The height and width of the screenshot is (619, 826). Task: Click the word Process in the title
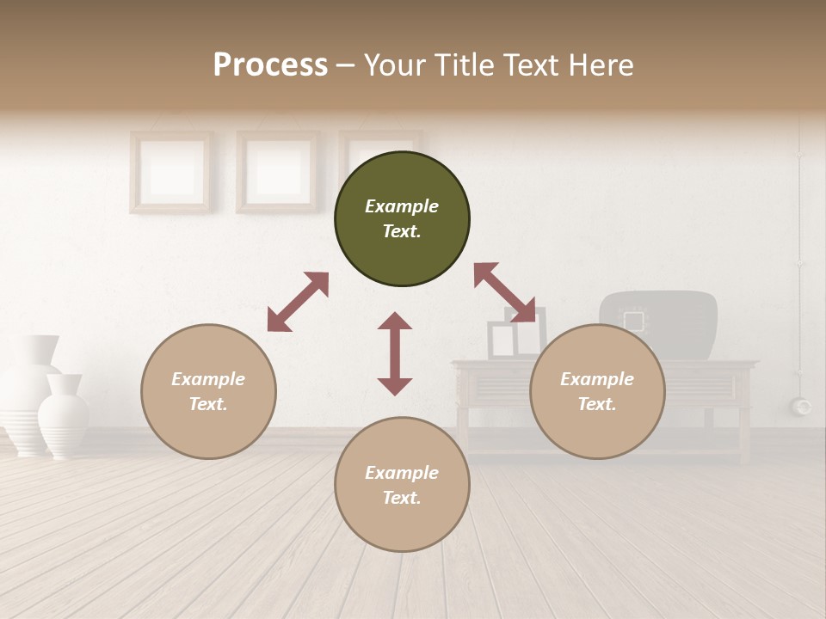point(270,65)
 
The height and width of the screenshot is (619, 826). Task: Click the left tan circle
point(208,391)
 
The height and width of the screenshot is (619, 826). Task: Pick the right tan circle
point(597,391)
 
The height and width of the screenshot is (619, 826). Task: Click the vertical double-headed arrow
point(395,353)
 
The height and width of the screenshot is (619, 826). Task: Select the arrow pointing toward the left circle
point(298,302)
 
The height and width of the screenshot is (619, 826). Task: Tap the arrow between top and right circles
point(504,292)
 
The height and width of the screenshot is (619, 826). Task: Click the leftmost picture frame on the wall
point(171,171)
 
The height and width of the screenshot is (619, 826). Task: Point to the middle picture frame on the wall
point(277,171)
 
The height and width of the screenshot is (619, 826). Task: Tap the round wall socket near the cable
point(802,406)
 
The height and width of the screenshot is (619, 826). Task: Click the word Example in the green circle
point(402,206)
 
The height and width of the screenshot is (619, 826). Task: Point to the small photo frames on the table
point(515,335)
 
